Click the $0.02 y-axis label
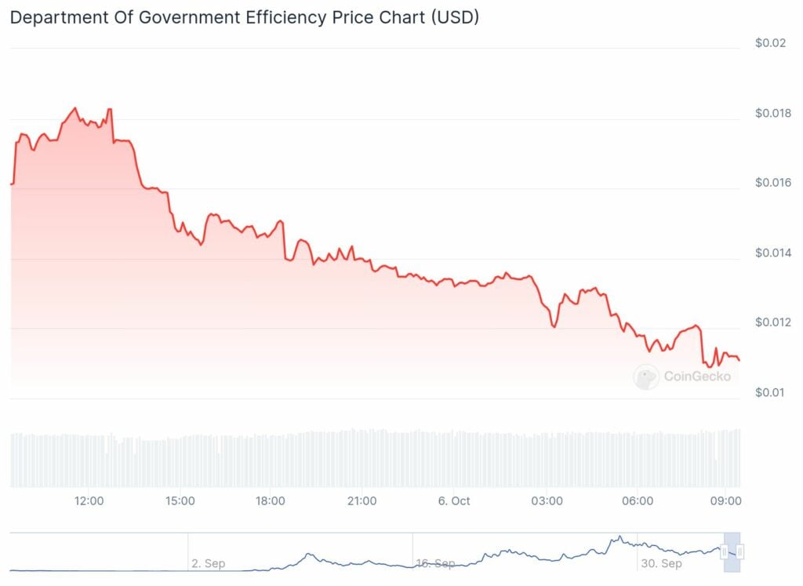769,43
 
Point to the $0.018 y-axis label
772,114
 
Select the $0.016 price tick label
772,183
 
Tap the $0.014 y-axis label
772,253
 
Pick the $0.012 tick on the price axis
772,322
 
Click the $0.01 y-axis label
769,392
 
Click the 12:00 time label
89,500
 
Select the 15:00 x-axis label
180,500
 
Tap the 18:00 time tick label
271,500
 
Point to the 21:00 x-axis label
362,500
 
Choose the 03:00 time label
547,500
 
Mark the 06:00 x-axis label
638,500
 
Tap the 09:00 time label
726,500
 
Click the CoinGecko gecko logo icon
646,377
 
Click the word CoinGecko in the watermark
697,377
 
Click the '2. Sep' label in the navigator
208,563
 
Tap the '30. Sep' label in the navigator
660,563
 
